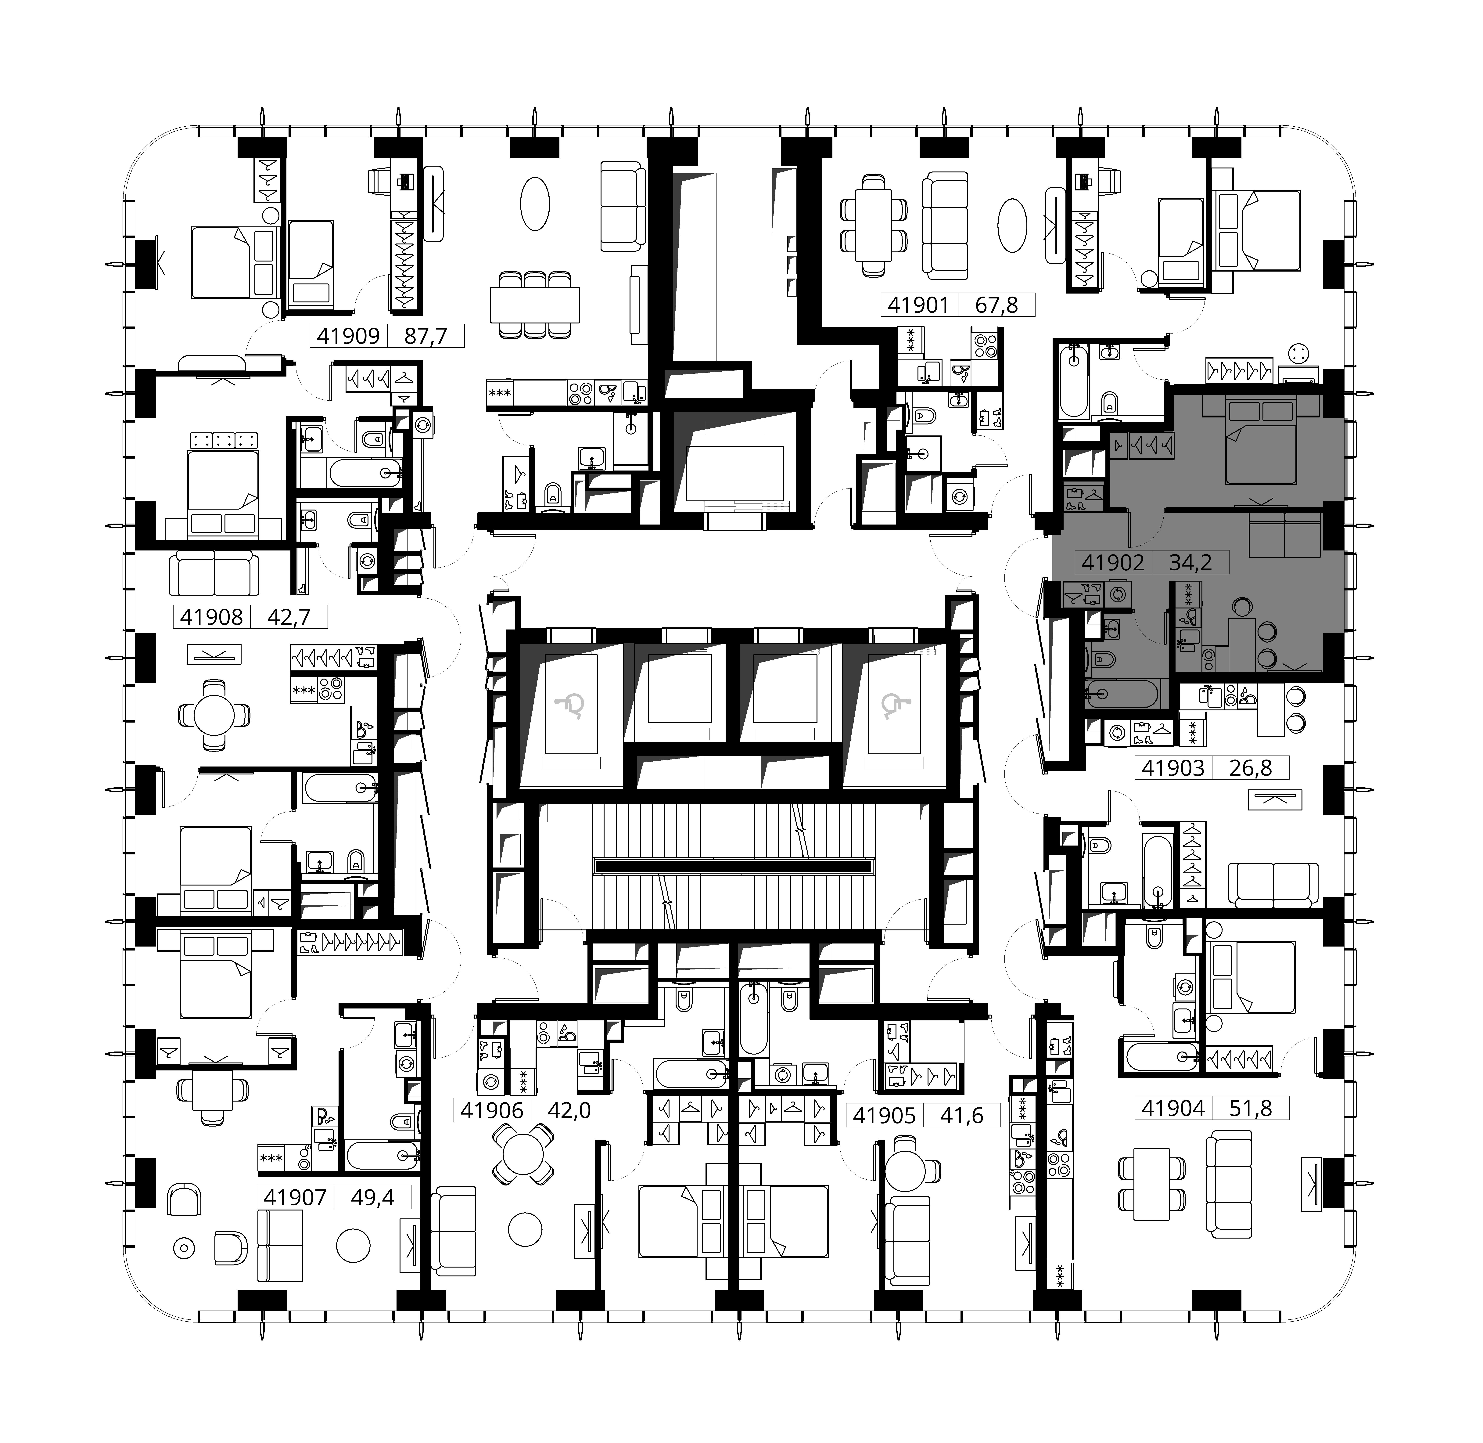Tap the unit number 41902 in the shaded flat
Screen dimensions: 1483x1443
tap(1112, 562)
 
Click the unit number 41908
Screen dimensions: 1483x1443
tap(211, 617)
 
